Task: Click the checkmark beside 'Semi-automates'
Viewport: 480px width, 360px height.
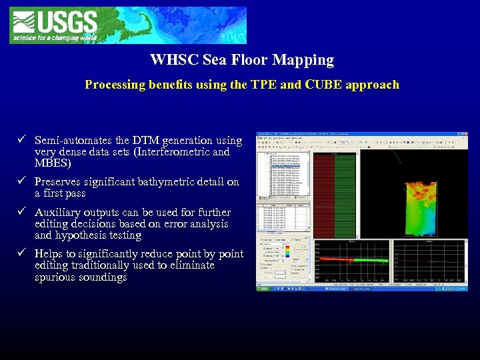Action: click(22, 140)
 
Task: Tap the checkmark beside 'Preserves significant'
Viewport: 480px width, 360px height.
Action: click(22, 181)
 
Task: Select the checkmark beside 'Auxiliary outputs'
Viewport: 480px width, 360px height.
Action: click(22, 212)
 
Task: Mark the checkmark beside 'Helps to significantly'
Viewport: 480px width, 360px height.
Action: click(22, 253)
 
